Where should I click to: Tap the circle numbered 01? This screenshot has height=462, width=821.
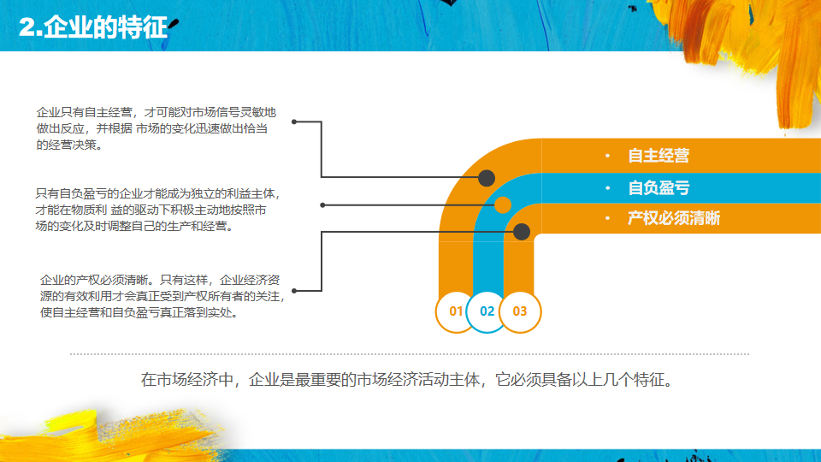click(x=456, y=311)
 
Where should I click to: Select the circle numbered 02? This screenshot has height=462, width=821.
click(x=487, y=311)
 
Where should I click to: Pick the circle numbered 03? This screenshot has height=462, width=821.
click(x=520, y=311)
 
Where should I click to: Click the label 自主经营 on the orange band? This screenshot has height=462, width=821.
click(x=659, y=157)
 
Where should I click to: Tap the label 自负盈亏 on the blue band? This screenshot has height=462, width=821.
click(x=659, y=188)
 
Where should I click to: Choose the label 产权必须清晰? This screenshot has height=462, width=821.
click(x=674, y=218)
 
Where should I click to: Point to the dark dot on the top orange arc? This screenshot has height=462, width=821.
click(x=487, y=178)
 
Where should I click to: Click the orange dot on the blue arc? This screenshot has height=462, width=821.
click(x=503, y=204)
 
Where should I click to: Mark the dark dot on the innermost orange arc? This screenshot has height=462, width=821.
click(x=522, y=231)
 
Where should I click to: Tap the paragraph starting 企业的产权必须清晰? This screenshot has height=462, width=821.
click(x=162, y=295)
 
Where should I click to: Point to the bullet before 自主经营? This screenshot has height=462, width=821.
click(x=606, y=157)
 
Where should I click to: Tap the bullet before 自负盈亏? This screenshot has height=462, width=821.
click(x=606, y=188)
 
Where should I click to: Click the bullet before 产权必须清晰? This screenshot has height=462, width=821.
click(x=606, y=218)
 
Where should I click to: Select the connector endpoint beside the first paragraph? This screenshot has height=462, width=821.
click(x=294, y=121)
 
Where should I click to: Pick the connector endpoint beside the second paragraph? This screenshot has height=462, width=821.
click(x=322, y=205)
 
